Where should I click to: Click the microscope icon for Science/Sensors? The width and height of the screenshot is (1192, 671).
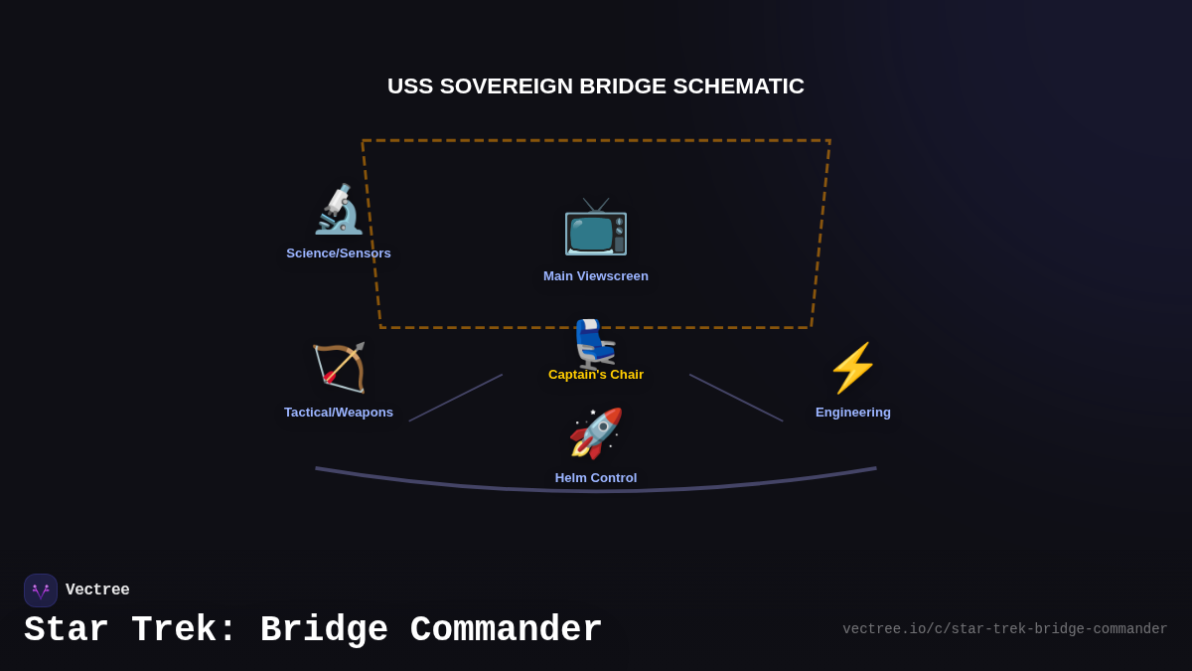coord(339,210)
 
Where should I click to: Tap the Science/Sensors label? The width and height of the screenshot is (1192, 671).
coord(339,253)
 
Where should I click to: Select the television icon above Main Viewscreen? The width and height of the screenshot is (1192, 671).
coord(596,227)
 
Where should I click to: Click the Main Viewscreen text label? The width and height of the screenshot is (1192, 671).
coord(596,276)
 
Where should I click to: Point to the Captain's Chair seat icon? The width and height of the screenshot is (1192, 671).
coord(595,343)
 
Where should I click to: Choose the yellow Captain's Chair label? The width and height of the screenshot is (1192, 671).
coord(596,375)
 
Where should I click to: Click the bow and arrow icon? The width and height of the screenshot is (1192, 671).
coord(339,368)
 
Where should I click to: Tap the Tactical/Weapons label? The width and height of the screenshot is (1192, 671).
coord(339,413)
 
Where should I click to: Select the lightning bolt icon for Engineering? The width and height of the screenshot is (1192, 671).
coord(853,368)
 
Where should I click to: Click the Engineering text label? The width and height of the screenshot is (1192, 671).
coord(853,413)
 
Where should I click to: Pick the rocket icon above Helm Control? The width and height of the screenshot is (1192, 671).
coord(596,433)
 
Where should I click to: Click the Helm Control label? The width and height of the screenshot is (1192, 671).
coord(596,478)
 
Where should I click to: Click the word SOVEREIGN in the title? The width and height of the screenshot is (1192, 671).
coord(507,86)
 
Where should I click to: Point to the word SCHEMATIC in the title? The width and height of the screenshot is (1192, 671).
coord(738,86)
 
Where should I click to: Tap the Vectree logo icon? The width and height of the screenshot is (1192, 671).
coord(41,590)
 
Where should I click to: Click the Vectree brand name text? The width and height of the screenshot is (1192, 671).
coord(97,590)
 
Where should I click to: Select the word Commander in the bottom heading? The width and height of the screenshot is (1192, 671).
coord(506,630)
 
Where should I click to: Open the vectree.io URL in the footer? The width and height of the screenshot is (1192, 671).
coord(1004,629)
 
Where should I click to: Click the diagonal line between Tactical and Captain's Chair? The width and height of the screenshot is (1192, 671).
coord(456,398)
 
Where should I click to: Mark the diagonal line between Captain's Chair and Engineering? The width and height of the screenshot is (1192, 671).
coord(736,398)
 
